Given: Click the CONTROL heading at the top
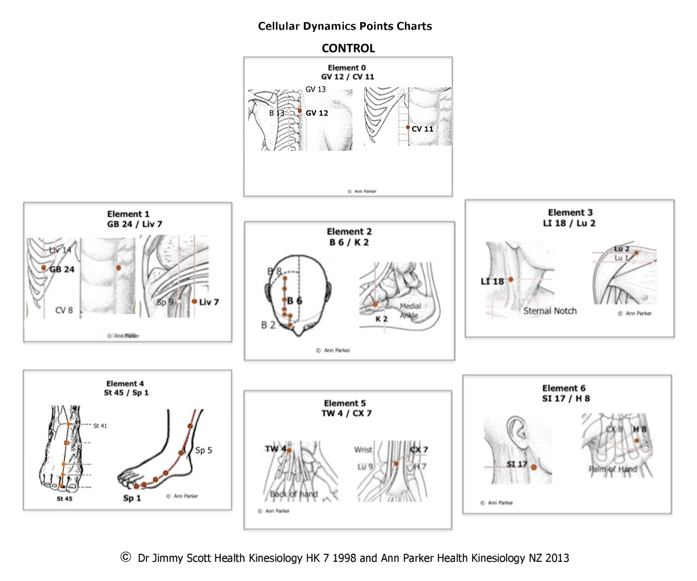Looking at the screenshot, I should click(x=348, y=48).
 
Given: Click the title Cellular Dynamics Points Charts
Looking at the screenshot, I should click(x=345, y=26).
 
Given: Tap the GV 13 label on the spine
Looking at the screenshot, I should click(x=315, y=89).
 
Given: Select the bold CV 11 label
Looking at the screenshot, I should click(x=422, y=129).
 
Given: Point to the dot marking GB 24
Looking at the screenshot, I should click(x=44, y=268).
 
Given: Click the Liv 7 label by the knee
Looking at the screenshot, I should click(x=209, y=302).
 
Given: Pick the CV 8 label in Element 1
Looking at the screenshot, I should click(x=64, y=310).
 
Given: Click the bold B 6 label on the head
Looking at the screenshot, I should click(x=294, y=301).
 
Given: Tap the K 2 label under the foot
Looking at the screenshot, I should click(x=382, y=319).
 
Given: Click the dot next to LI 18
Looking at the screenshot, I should click(x=511, y=279).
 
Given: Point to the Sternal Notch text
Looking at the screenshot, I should click(x=549, y=311).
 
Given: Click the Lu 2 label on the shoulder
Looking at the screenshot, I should click(x=621, y=249).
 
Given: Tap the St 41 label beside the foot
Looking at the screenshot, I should click(x=100, y=426).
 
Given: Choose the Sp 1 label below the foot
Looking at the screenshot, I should click(x=132, y=498).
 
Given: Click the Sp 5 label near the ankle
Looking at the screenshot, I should click(x=203, y=450).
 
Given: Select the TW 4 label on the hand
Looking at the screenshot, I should click(x=275, y=449).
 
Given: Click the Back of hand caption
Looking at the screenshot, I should click(x=294, y=494).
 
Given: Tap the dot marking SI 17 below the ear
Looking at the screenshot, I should click(x=534, y=467).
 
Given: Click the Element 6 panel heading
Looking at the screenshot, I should click(x=563, y=388).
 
